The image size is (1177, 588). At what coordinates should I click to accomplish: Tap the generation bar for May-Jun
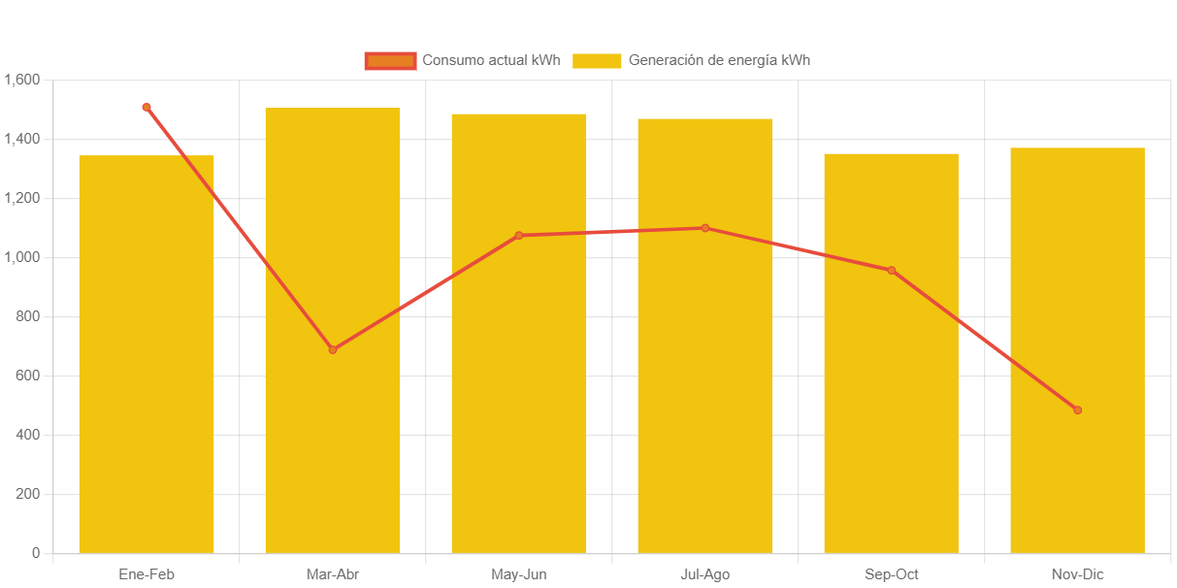pyautogui.click(x=519, y=388)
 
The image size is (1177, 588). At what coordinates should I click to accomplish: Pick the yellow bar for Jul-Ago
pyautogui.click(x=705, y=388)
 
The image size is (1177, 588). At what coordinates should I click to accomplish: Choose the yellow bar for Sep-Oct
pyautogui.click(x=891, y=408)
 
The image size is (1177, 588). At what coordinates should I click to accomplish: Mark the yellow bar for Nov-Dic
pyautogui.click(x=1077, y=291)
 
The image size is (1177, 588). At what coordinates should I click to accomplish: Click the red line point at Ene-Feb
pyautogui.click(x=147, y=108)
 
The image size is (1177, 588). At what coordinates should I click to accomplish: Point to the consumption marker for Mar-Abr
pyautogui.click(x=333, y=349)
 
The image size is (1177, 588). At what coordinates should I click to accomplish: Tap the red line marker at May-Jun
pyautogui.click(x=519, y=235)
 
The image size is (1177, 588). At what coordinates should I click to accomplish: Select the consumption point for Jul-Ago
pyautogui.click(x=705, y=228)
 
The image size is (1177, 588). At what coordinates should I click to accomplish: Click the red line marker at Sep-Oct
pyautogui.click(x=891, y=271)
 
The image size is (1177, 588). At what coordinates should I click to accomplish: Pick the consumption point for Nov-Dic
pyautogui.click(x=1077, y=410)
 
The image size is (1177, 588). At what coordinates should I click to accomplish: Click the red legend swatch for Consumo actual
pyautogui.click(x=390, y=61)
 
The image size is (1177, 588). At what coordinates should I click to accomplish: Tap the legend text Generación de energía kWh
pyautogui.click(x=719, y=60)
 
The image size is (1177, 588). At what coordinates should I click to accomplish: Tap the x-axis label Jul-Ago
pyautogui.click(x=705, y=574)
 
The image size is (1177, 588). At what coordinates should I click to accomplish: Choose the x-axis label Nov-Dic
pyautogui.click(x=1077, y=574)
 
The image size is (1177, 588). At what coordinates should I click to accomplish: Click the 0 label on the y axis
pyautogui.click(x=36, y=553)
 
